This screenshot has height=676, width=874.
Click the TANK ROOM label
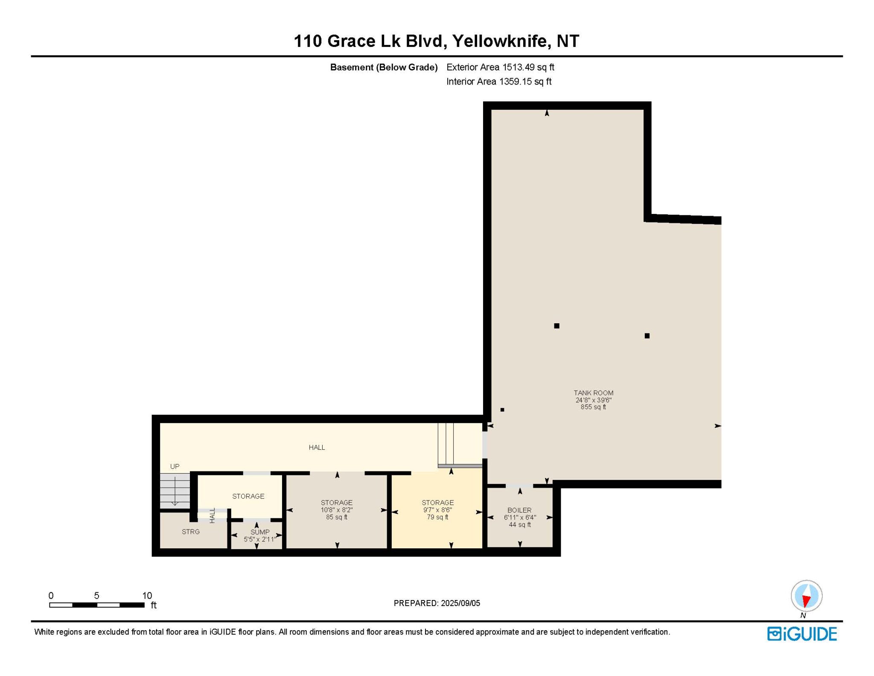click(593, 393)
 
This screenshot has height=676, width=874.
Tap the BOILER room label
click(519, 510)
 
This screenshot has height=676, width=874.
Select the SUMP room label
click(260, 532)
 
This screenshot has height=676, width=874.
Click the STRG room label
click(191, 532)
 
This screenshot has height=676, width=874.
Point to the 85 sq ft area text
click(337, 517)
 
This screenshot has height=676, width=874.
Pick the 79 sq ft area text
click(437, 517)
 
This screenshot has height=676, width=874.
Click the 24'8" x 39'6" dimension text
click(593, 400)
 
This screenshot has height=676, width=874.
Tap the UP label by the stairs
click(175, 466)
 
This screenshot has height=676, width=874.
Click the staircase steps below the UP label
click(175, 491)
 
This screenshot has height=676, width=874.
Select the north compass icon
click(806, 597)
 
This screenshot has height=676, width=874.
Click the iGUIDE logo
click(802, 634)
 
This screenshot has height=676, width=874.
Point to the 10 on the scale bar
click(147, 595)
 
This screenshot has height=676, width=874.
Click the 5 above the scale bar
click(97, 595)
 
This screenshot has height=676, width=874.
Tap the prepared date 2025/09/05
click(460, 603)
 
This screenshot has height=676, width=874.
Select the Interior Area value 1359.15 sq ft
click(525, 81)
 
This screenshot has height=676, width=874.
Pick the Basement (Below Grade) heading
click(384, 67)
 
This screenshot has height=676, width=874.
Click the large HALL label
click(317, 447)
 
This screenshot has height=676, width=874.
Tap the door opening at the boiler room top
click(519, 486)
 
